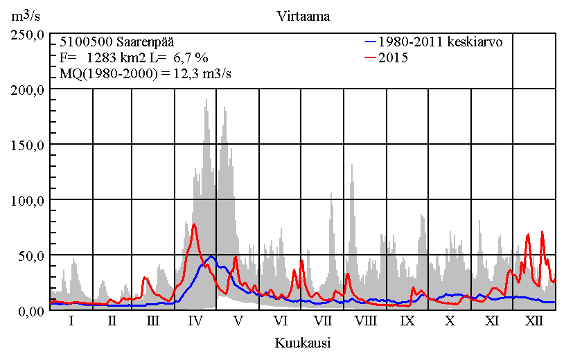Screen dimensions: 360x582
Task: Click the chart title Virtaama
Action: [x=302, y=17]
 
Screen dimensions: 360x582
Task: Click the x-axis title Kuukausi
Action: [x=302, y=343]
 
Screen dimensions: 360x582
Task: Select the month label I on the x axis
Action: [x=71, y=321]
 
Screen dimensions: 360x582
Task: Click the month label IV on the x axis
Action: [x=195, y=321]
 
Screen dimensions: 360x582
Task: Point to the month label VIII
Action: [x=365, y=321]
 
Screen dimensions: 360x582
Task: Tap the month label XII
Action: [x=534, y=321]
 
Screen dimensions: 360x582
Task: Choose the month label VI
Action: [x=281, y=321]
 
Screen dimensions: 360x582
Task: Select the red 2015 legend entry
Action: [x=394, y=58]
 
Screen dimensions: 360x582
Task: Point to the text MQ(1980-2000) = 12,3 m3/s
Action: [x=144, y=73]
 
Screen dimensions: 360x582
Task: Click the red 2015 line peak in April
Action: [x=195, y=224]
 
